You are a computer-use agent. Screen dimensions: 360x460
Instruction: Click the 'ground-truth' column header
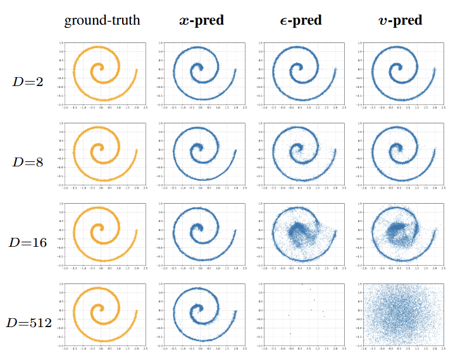(102, 21)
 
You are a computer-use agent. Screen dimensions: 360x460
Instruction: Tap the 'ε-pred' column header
(301, 21)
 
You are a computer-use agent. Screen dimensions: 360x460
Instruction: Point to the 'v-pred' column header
(400, 21)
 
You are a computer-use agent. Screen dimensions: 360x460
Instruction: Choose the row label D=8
(28, 161)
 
